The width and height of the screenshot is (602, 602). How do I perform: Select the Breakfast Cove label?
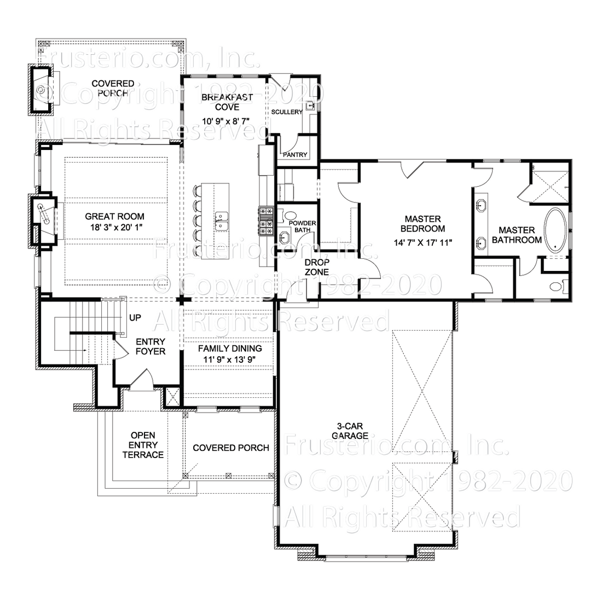219,102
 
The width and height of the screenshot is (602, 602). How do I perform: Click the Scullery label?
286,112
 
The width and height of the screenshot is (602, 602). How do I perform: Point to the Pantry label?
295,155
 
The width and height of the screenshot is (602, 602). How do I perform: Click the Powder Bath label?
299,227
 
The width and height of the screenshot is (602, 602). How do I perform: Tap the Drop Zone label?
317,267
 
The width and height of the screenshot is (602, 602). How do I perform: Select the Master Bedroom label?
422,223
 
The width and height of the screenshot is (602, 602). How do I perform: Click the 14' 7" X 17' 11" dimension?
422,242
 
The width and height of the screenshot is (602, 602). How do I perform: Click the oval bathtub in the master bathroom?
555,230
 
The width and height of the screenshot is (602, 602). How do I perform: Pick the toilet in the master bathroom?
555,286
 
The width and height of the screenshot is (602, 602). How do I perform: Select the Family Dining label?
230,348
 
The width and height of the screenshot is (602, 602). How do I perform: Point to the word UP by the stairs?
135,317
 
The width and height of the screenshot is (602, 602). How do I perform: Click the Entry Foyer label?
150,346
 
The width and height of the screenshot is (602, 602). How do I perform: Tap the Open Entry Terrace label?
143,445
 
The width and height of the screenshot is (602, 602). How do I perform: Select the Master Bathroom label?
516,235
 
